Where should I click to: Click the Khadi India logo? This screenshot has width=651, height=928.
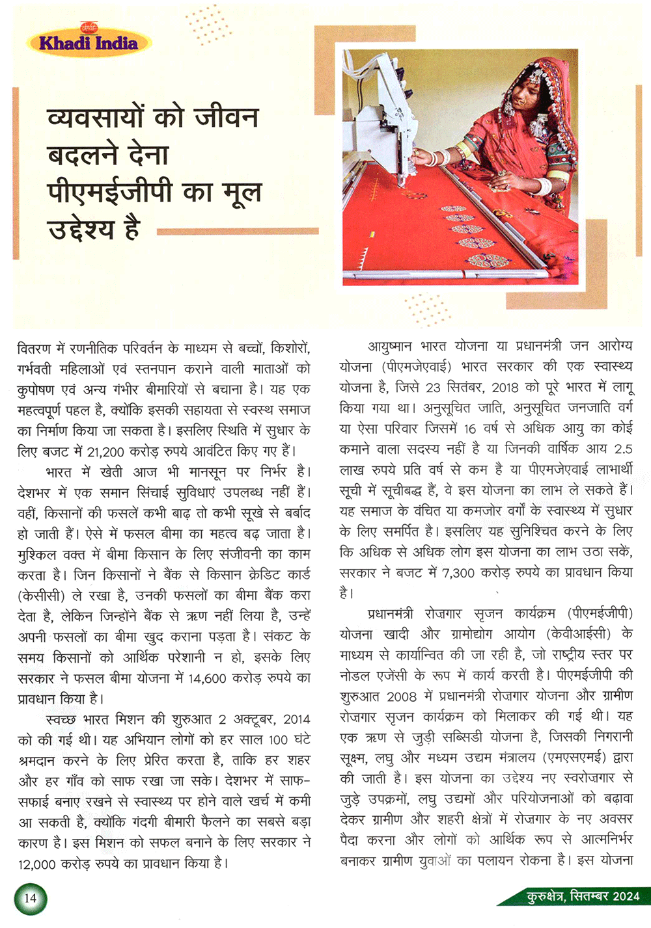point(89,43)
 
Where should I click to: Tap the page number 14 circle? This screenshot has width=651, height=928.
point(30,899)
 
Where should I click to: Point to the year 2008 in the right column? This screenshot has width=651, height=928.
point(402,696)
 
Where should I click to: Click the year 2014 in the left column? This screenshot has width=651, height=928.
point(296,719)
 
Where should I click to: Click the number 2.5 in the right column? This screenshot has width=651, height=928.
point(623,449)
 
